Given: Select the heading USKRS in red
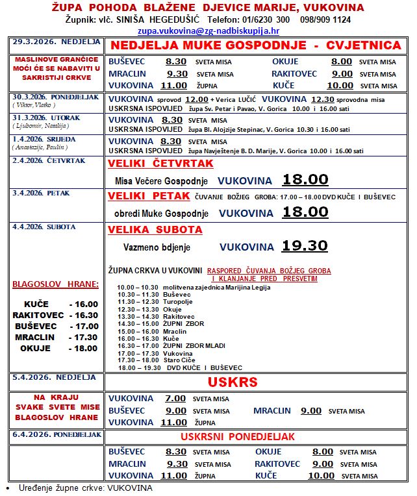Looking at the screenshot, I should [233, 381].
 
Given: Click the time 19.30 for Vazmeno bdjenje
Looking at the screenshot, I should [305, 246].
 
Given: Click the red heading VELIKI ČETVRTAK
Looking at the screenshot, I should [151, 163].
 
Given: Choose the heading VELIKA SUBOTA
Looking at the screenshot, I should [155, 230].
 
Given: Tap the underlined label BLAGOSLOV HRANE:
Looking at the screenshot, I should [55, 284].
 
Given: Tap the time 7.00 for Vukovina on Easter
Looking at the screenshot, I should [175, 399].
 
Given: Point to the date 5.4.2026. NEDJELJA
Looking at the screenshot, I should [45, 377].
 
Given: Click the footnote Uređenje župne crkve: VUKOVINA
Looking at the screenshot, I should [84, 488].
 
